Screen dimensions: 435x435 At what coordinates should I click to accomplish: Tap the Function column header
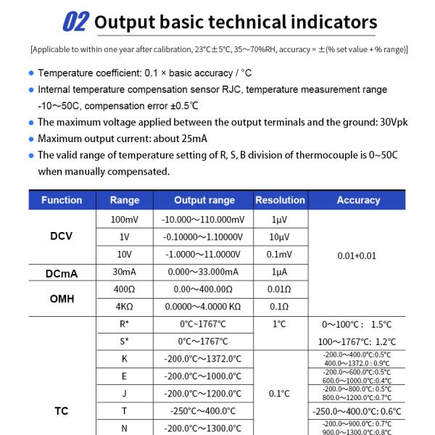pyautogui.click(x=62, y=200)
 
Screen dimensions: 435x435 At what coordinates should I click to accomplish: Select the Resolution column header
pyautogui.click(x=280, y=200)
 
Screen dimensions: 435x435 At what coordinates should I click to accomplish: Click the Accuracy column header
pyautogui.click(x=358, y=200)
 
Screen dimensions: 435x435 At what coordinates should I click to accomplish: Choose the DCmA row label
pyautogui.click(x=62, y=273)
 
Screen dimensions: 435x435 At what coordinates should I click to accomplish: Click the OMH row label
pyautogui.click(x=62, y=298)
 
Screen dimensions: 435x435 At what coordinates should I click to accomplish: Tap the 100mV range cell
pyautogui.click(x=124, y=219)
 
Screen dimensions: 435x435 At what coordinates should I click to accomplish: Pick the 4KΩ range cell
pyautogui.click(x=124, y=306)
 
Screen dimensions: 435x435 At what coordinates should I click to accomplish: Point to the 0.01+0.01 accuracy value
pyautogui.click(x=358, y=256)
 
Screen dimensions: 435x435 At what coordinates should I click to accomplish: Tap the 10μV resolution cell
pyautogui.click(x=280, y=237)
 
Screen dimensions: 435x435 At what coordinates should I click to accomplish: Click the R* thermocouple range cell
pyautogui.click(x=124, y=324)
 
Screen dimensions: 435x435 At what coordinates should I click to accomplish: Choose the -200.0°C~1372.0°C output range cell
pyautogui.click(x=203, y=359)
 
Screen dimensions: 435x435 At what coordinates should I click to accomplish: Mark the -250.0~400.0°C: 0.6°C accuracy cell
pyautogui.click(x=358, y=410)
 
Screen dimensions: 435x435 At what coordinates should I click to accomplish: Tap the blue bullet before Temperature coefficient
pyautogui.click(x=31, y=73)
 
